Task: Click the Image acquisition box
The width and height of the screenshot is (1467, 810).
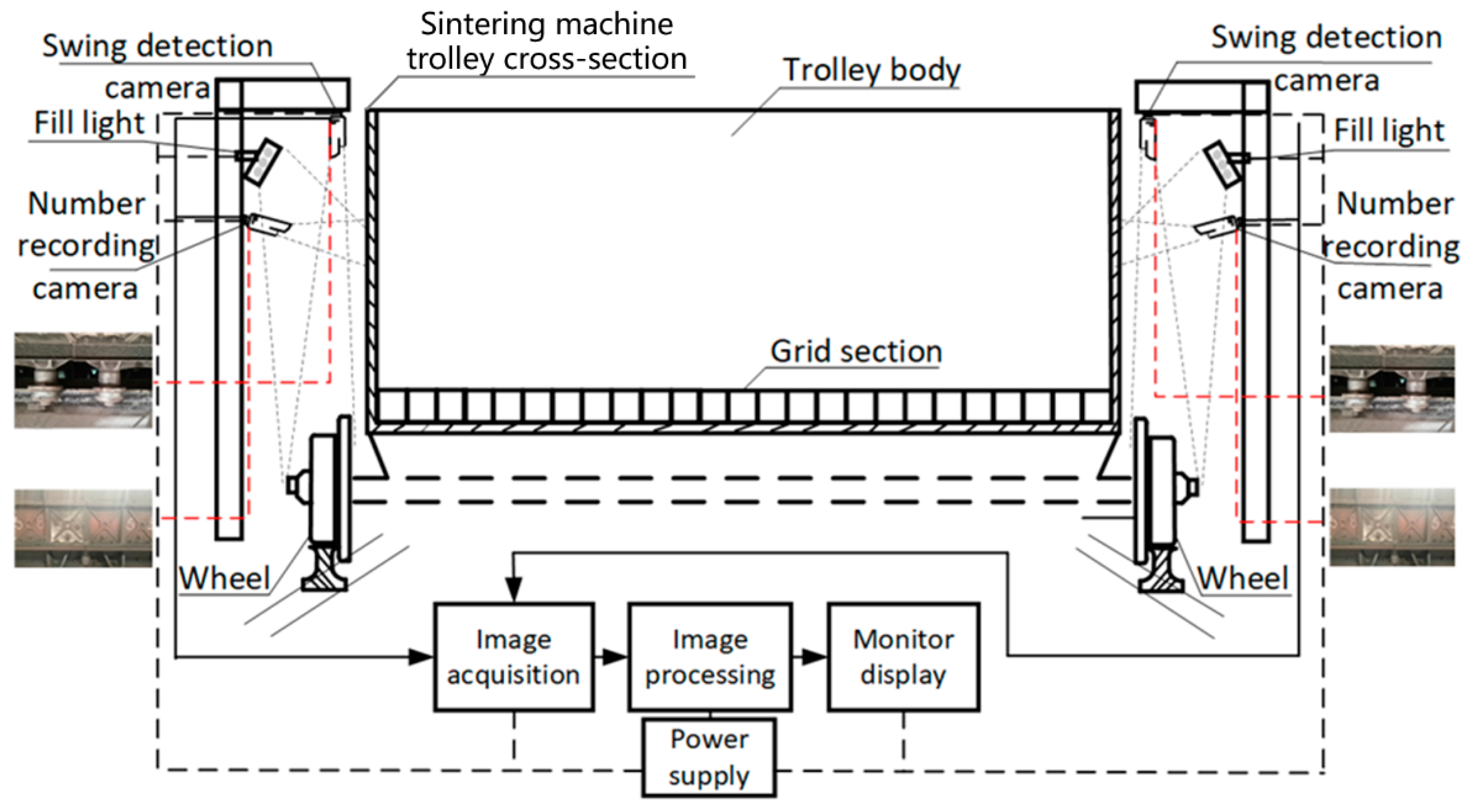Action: click(514, 657)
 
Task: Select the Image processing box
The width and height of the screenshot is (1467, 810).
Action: click(710, 657)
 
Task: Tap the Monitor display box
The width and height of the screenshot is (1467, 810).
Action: click(903, 657)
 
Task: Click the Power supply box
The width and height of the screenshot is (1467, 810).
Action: click(709, 758)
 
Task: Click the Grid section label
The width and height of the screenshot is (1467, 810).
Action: click(856, 351)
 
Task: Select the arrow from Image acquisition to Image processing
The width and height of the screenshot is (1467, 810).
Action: click(612, 657)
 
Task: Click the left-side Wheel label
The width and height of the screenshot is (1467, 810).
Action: click(224, 578)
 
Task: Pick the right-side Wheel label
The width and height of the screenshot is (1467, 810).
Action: click(1243, 578)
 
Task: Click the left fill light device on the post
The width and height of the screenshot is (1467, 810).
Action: click(262, 162)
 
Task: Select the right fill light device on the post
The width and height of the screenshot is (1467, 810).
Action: click(1222, 165)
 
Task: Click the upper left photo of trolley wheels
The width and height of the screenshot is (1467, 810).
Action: click(83, 380)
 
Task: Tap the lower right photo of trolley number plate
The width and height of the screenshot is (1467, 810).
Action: click(1392, 527)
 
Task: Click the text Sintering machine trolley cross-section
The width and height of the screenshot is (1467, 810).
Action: click(546, 41)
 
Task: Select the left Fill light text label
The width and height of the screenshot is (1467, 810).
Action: click(89, 123)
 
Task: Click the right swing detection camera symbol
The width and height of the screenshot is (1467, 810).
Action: click(1147, 137)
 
